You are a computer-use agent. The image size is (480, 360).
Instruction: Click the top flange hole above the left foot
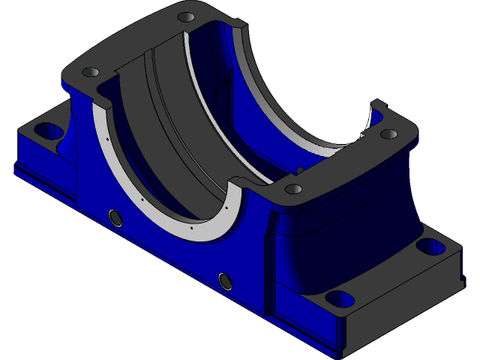pos(90,73)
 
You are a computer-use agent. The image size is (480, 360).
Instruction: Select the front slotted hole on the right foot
pos(339,298)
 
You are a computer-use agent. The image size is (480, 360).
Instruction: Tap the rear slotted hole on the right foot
pos(430,246)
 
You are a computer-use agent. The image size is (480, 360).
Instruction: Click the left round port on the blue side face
pos(115,217)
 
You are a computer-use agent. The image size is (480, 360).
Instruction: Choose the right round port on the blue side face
pos(224,280)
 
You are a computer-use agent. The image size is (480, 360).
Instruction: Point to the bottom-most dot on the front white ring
pos(193,226)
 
